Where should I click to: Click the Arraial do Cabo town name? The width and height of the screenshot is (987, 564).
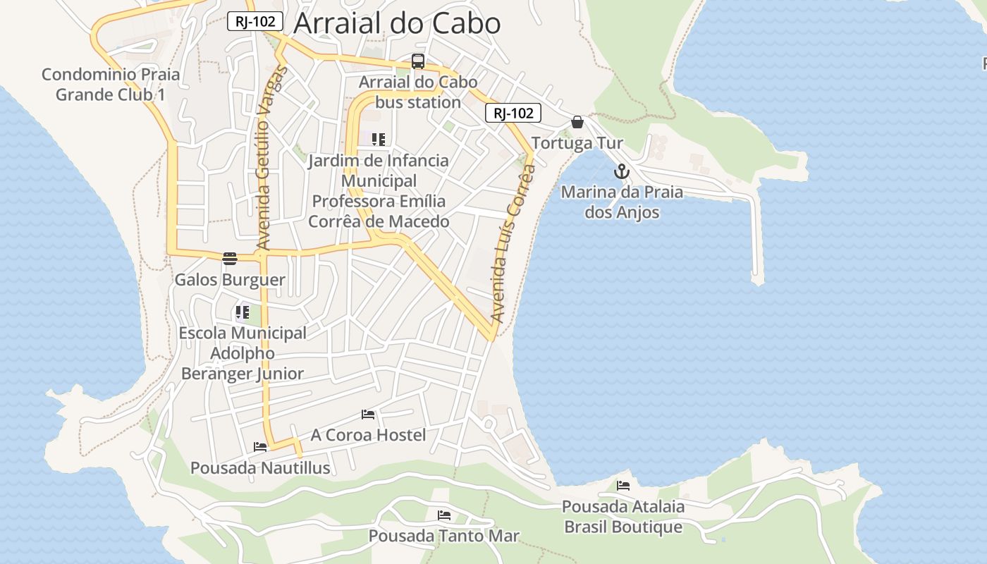coord(397,23)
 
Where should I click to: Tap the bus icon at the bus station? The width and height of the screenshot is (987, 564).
coord(418,61)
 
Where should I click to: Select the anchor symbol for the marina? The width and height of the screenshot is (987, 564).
coord(621,171)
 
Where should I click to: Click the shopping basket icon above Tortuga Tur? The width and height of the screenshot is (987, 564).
coord(577,122)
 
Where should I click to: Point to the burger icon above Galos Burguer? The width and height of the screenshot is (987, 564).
coord(230,258)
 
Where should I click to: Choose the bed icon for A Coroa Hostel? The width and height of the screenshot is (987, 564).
coord(368,414)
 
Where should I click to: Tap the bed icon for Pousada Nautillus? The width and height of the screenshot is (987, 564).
coord(260,446)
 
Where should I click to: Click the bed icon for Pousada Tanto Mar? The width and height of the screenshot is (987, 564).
coord(444,515)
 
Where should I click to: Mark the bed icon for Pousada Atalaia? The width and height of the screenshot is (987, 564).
coord(623,485)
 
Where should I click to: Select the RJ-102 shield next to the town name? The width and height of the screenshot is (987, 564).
coord(255,22)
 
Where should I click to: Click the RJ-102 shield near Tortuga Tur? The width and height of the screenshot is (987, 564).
coord(513,113)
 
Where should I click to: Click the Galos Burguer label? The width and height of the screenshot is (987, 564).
coord(230,280)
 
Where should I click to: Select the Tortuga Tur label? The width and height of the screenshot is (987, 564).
coord(577,143)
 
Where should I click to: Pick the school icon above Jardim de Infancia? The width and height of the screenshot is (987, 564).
coord(379,140)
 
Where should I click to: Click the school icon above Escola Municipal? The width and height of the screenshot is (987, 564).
coord(243,312)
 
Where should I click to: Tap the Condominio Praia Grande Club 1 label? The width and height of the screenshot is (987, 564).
coord(111,84)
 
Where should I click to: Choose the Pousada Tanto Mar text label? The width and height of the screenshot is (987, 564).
coord(444,536)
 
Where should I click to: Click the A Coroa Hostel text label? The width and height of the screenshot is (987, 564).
coord(368,435)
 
